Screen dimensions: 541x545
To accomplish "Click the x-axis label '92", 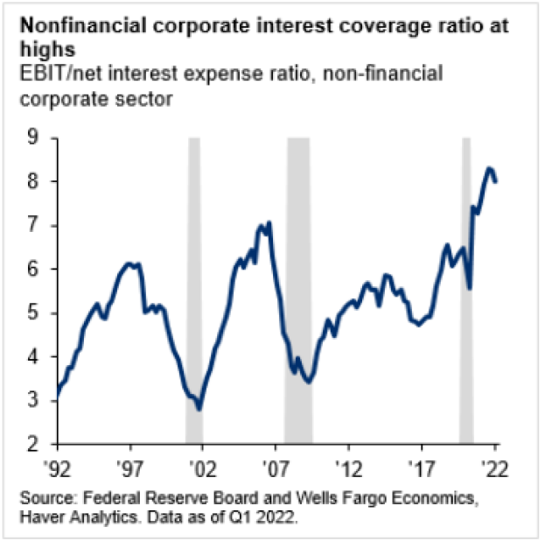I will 58,467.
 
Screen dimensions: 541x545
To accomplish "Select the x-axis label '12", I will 349,467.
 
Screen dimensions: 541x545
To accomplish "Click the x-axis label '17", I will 422,467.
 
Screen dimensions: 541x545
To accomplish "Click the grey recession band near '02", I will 194,289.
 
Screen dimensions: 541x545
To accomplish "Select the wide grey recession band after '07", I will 299,289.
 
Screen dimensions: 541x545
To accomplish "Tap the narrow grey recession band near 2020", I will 466,289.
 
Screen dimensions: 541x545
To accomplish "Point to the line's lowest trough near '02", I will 199,409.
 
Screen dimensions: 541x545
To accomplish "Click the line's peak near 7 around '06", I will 269,223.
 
